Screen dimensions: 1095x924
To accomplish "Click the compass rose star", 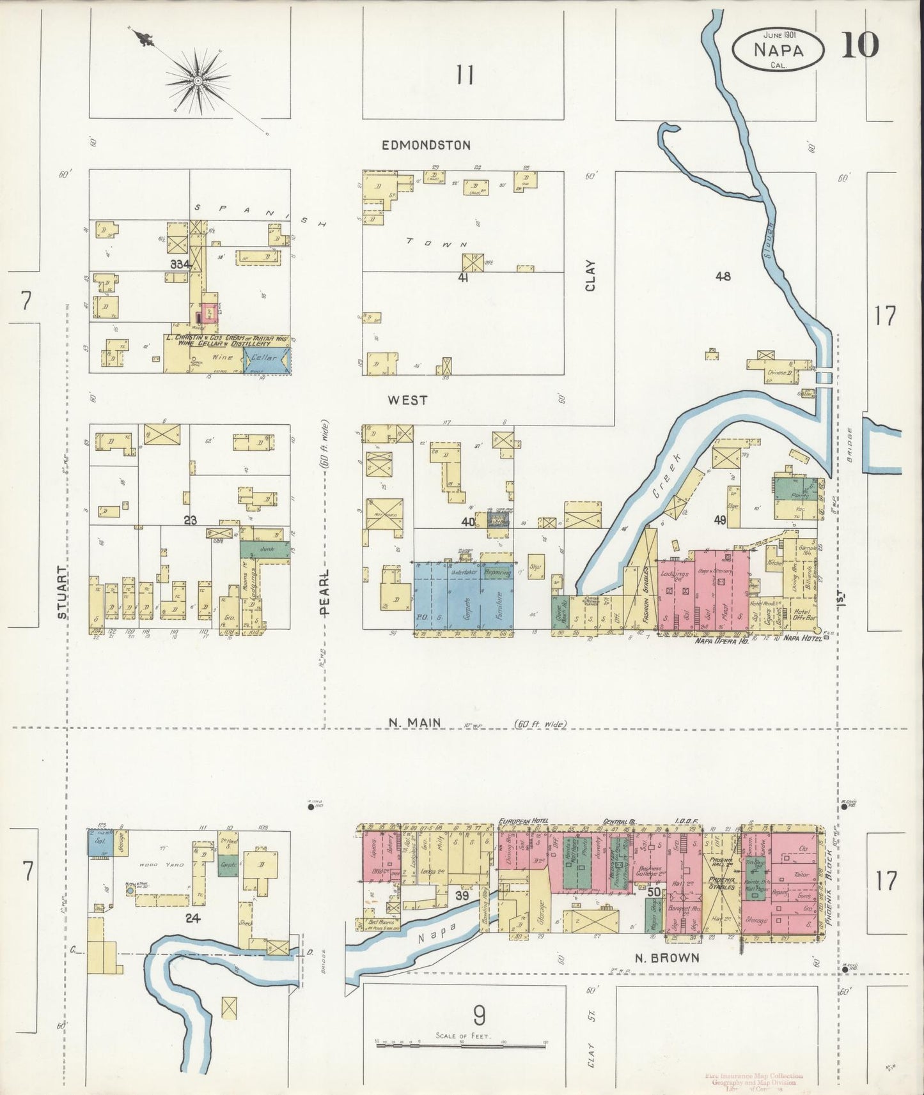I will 198,80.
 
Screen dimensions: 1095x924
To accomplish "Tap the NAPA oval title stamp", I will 778,49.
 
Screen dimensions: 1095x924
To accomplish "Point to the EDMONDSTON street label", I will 426,146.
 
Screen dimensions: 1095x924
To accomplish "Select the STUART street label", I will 62,592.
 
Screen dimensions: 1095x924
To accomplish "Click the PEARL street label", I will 325,592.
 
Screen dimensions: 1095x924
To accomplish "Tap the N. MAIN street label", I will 415,723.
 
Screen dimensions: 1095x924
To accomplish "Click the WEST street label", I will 409,401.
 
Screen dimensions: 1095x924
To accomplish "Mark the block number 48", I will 723,277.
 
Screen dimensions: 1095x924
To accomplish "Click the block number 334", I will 180,264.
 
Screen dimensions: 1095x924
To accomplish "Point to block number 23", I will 189,521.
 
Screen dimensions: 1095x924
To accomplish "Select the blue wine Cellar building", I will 266,360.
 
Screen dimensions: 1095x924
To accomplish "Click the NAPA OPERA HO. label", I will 721,639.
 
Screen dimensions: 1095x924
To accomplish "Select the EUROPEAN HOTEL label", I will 523,820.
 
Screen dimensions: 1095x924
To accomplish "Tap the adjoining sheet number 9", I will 479,1014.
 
